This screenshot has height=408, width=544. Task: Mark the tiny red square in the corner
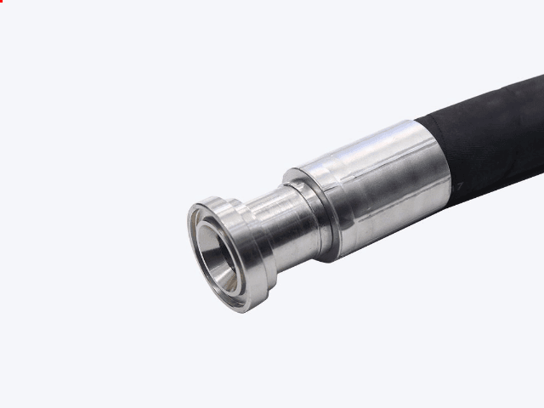pyautogui.click(x=2, y=2)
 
